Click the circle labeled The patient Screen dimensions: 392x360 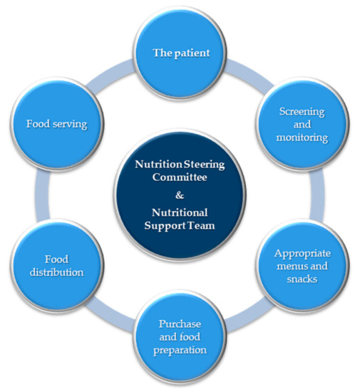point(180,52)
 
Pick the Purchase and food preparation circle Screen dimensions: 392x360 point(180,338)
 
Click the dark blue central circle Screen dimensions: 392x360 point(180,195)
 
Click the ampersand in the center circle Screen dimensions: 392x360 point(180,194)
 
